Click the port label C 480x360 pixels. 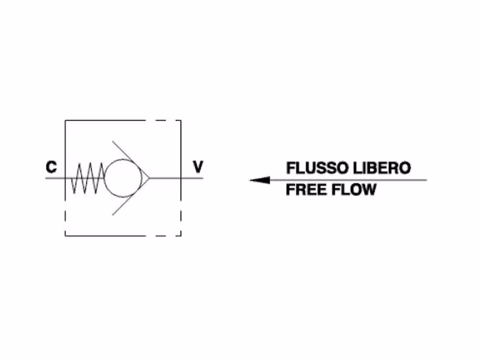[52, 167]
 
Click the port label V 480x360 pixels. [198, 167]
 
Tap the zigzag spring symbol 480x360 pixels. [88, 178]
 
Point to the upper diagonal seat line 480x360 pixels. [131, 160]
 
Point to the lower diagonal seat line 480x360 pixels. [131, 197]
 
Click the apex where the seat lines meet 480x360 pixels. [149, 178]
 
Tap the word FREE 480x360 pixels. [306, 190]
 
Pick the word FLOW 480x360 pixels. [354, 190]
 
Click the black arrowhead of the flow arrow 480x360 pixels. [260, 180]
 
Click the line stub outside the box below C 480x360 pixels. [55, 178]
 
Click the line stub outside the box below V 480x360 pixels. [192, 178]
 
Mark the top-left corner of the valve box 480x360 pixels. [65, 121]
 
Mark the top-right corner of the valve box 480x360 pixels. [181, 121]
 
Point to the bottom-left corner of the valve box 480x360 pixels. [65, 236]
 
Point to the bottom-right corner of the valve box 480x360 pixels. [181, 236]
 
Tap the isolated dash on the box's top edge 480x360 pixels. [161, 121]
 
